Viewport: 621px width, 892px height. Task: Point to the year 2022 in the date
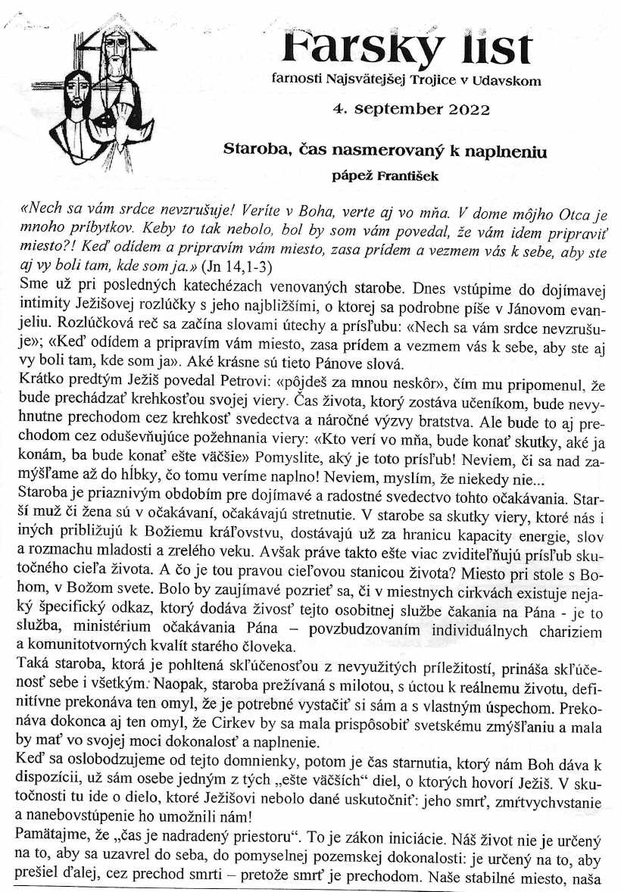tap(470, 109)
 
